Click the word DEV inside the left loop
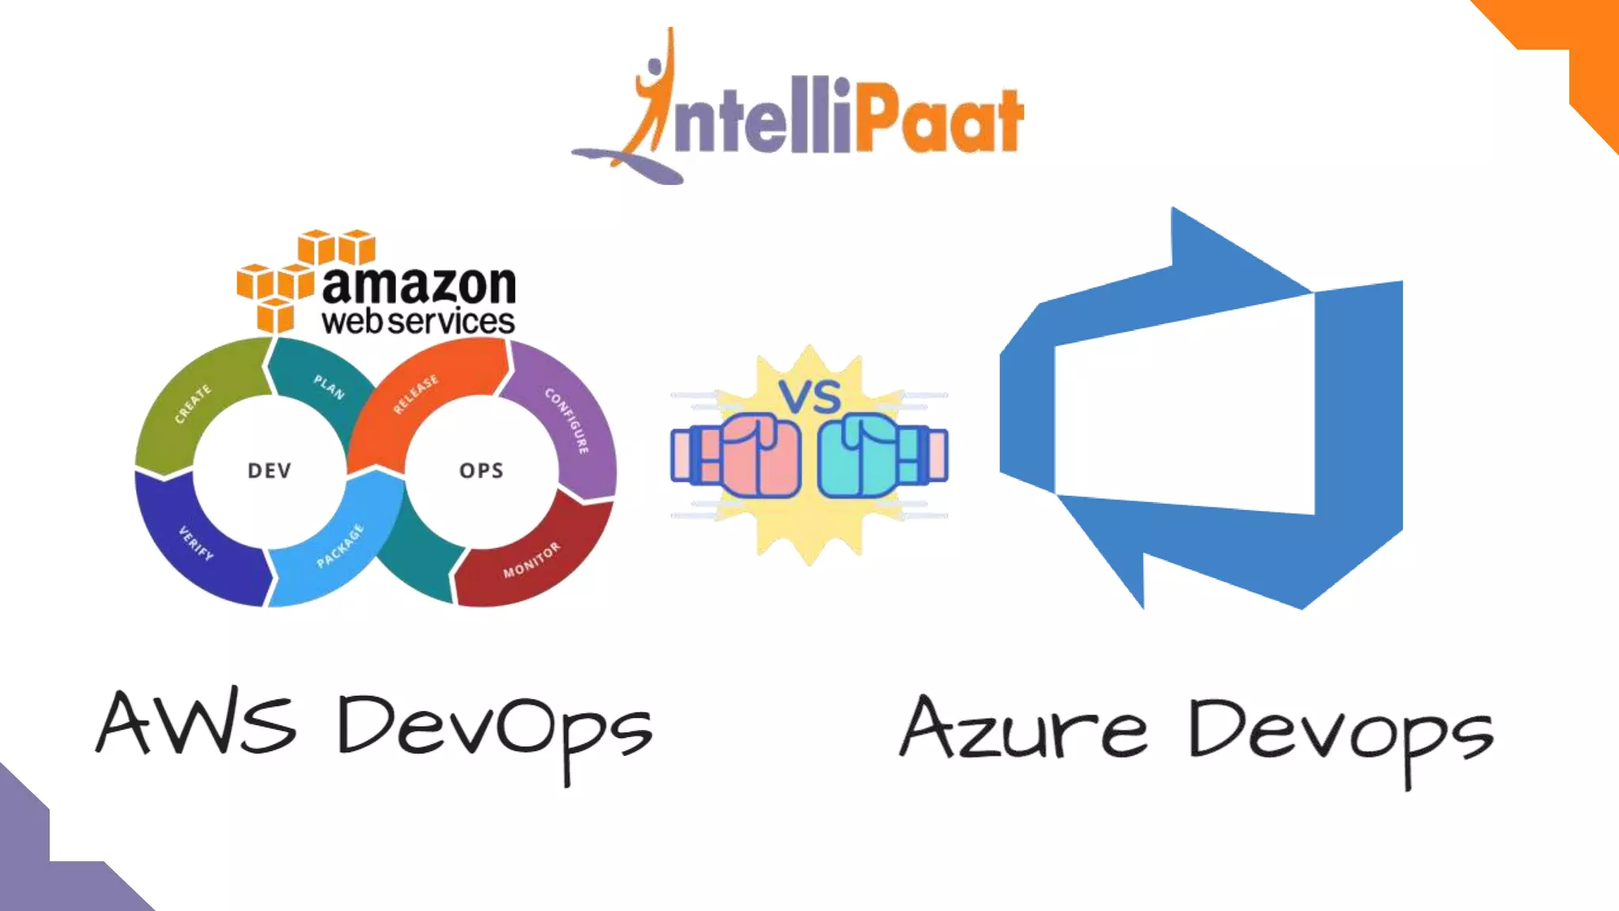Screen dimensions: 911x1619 (270, 471)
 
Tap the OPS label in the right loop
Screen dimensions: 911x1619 (481, 471)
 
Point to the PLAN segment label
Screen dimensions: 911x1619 (329, 387)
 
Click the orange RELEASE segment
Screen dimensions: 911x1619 (416, 394)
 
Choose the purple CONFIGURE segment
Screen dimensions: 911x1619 (568, 420)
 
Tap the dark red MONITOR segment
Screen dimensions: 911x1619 (531, 559)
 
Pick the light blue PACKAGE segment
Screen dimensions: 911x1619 (340, 546)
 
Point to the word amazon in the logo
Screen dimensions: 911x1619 (419, 285)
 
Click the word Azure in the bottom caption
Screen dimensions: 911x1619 (1024, 729)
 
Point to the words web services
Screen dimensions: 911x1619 (418, 322)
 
